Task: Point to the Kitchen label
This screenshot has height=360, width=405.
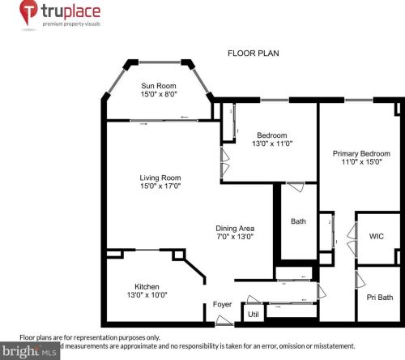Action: pos(147,286)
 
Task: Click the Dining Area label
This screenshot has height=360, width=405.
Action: pos(236,228)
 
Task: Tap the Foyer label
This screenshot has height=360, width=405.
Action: pos(223,305)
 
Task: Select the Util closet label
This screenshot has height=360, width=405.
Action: pos(253,314)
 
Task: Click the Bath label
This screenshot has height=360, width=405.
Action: pos(298,221)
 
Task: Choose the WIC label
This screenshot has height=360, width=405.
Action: pos(376,237)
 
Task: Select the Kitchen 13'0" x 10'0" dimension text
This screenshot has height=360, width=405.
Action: pos(147,296)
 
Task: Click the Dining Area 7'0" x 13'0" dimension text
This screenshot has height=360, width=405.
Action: pos(236,237)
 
